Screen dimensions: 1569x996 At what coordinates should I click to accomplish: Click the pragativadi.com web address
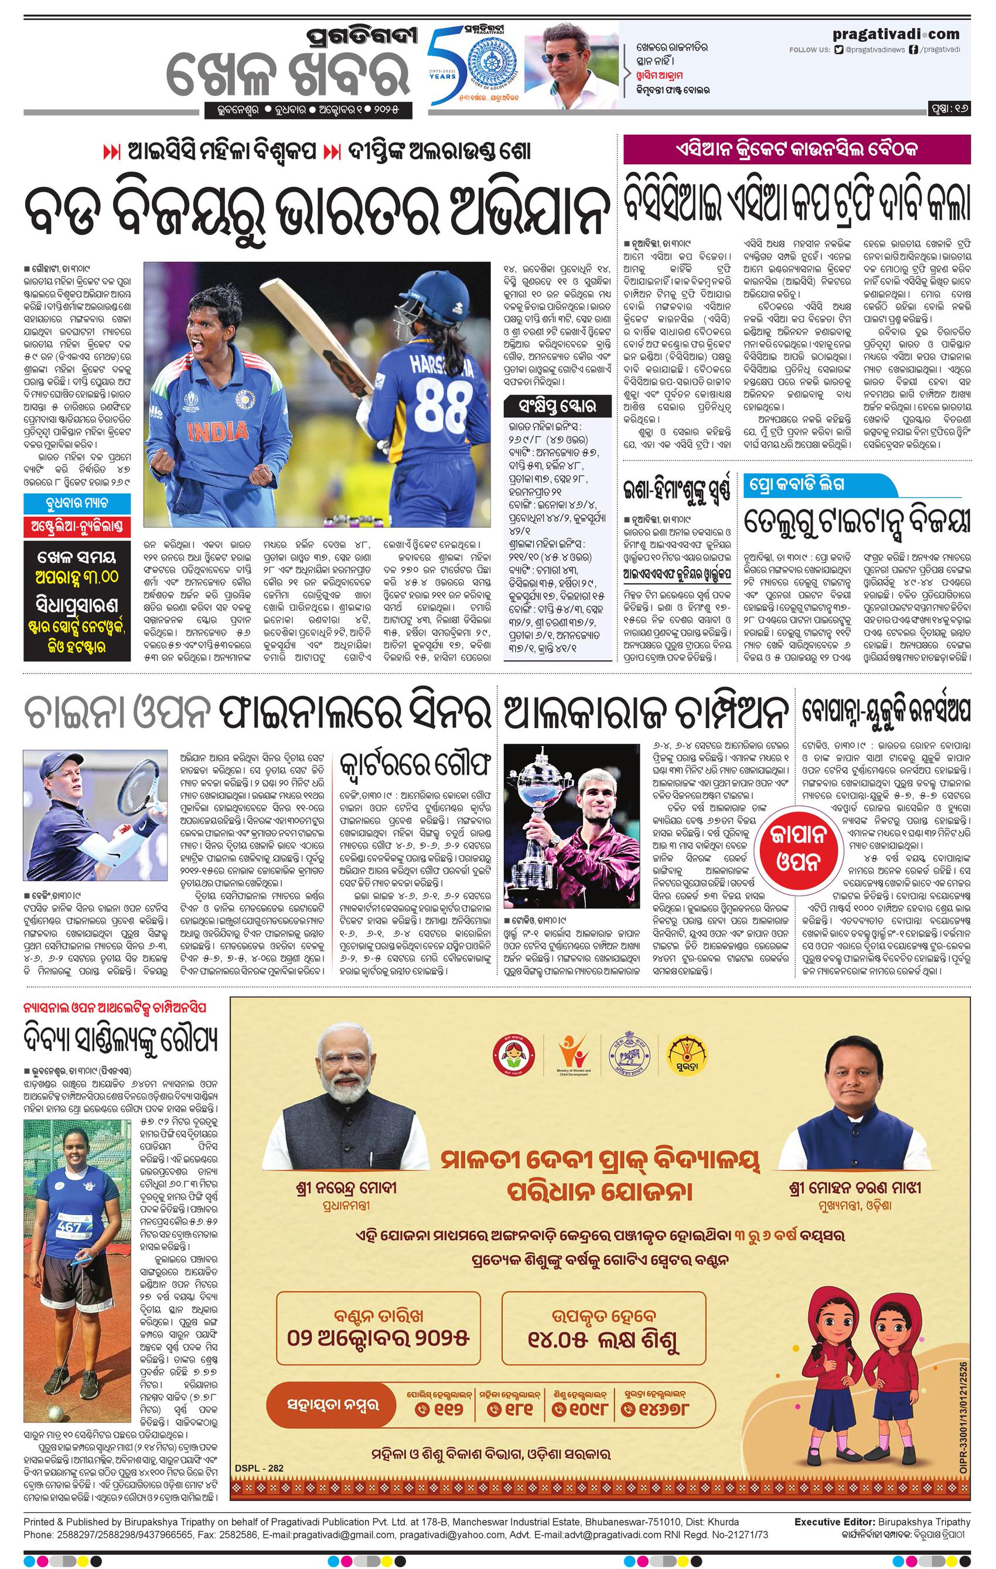[896, 34]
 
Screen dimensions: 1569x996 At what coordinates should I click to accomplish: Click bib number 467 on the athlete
[70, 1227]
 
